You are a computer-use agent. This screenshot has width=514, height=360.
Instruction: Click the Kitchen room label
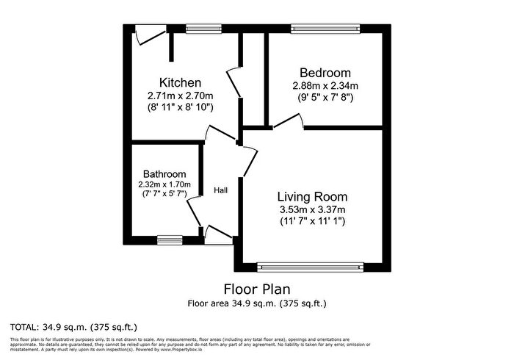[181, 82]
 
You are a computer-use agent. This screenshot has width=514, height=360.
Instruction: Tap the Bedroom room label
[325, 73]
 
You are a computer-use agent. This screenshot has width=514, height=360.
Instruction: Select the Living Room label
[312, 197]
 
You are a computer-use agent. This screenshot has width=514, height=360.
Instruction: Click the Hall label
[220, 190]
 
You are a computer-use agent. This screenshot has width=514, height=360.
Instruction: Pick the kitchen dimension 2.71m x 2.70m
[181, 96]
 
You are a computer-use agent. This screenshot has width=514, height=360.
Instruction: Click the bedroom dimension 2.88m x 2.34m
[325, 85]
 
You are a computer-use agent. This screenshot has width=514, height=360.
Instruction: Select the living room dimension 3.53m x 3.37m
[312, 211]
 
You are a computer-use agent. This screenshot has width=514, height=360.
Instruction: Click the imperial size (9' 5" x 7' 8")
[325, 97]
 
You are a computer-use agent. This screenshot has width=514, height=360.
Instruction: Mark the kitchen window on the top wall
[198, 29]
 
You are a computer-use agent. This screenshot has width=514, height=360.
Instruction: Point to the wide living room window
[311, 267]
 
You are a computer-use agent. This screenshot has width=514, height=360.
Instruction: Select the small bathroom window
[170, 239]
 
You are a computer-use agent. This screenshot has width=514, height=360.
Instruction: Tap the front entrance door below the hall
[218, 234]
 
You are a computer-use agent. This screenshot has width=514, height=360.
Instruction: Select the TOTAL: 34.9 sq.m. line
[73, 326]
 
